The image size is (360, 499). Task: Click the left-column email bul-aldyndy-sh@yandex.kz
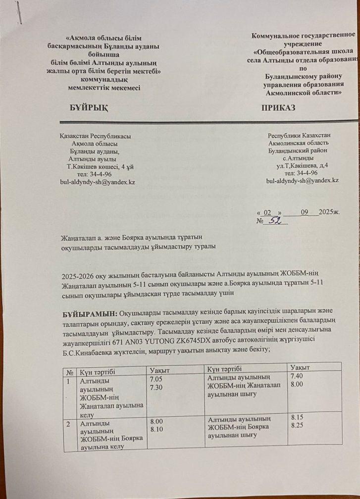point(98,182)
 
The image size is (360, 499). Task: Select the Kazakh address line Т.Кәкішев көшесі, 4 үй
point(97,166)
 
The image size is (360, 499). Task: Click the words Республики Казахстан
point(300,135)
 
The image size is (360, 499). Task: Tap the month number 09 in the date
point(306,212)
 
